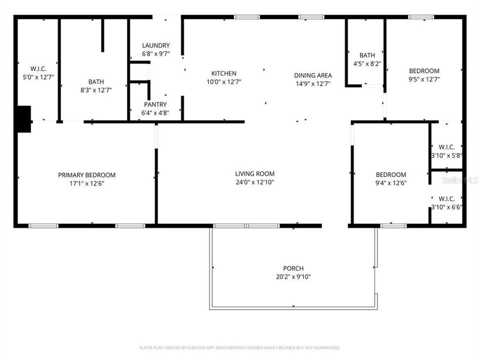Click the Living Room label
point(254,174)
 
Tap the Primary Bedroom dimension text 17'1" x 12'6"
point(86,183)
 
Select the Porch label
point(293,268)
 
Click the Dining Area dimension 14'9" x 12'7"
point(313,83)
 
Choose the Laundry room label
point(155,45)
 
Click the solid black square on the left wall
point(23,119)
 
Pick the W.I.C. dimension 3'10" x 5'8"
point(446,155)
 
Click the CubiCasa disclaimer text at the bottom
point(240,347)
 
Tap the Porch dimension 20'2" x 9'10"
point(293,276)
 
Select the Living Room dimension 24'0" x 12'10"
point(254,182)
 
